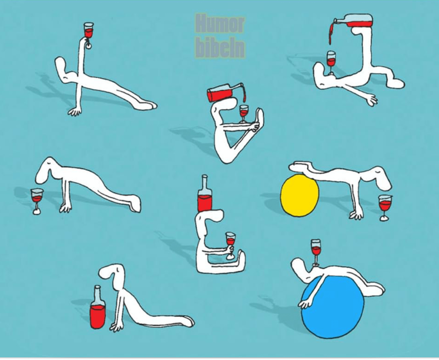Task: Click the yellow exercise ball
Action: (x=300, y=195)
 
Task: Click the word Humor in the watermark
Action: (x=220, y=24)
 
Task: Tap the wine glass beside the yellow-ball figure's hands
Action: (x=385, y=207)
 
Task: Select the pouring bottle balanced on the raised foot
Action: (x=352, y=21)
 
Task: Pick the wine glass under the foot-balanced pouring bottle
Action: (x=331, y=63)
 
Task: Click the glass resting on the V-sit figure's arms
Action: (x=244, y=114)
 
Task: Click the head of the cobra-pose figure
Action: (x=110, y=272)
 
